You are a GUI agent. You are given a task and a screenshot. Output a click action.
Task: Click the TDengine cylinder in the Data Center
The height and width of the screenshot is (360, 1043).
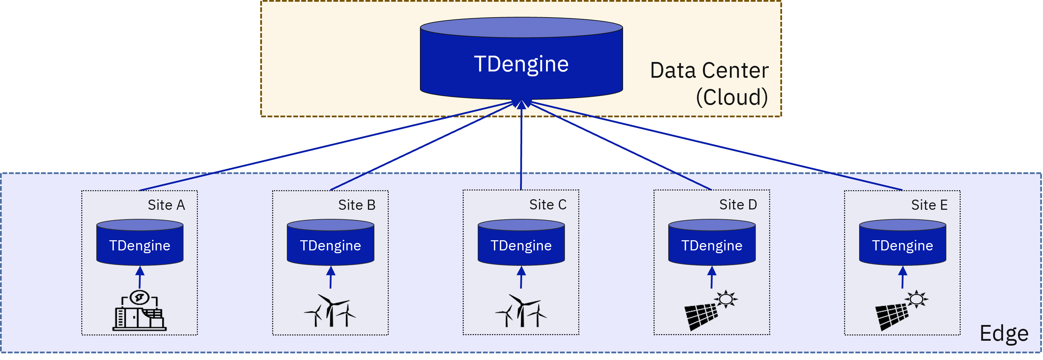pyautogui.click(x=521, y=61)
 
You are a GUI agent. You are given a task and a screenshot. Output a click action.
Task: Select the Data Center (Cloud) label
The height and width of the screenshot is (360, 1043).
pyautogui.click(x=709, y=83)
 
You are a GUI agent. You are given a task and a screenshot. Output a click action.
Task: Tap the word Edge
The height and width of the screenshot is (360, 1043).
pyautogui.click(x=1004, y=333)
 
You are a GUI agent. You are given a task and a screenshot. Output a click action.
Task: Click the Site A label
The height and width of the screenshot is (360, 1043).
pyautogui.click(x=166, y=205)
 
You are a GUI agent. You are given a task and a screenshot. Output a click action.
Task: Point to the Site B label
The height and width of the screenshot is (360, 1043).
pyautogui.click(x=357, y=205)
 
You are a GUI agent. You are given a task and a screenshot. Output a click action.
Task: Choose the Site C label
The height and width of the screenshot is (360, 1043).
pyautogui.click(x=548, y=205)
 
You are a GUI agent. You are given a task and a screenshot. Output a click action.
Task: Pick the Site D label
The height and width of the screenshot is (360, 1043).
pyautogui.click(x=738, y=205)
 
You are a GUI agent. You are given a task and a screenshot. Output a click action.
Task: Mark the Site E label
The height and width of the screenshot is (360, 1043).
pyautogui.click(x=929, y=205)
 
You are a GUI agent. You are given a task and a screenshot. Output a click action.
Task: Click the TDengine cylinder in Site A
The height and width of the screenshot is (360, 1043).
pyautogui.click(x=140, y=243)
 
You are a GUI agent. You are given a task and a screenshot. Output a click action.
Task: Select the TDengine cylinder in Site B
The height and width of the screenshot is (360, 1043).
pyautogui.click(x=330, y=243)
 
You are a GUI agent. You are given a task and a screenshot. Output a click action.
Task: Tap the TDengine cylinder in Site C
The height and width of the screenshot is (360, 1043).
pyautogui.click(x=521, y=243)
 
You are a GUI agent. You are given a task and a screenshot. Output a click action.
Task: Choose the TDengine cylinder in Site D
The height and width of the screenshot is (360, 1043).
pyautogui.click(x=712, y=243)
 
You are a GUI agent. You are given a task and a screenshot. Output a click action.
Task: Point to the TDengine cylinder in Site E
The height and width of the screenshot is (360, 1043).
pyautogui.click(x=903, y=243)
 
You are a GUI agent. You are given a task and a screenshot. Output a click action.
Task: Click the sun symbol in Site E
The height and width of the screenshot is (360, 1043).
pyautogui.click(x=917, y=299)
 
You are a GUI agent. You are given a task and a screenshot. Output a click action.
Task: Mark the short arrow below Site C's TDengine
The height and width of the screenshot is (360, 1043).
pyautogui.click(x=521, y=277)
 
